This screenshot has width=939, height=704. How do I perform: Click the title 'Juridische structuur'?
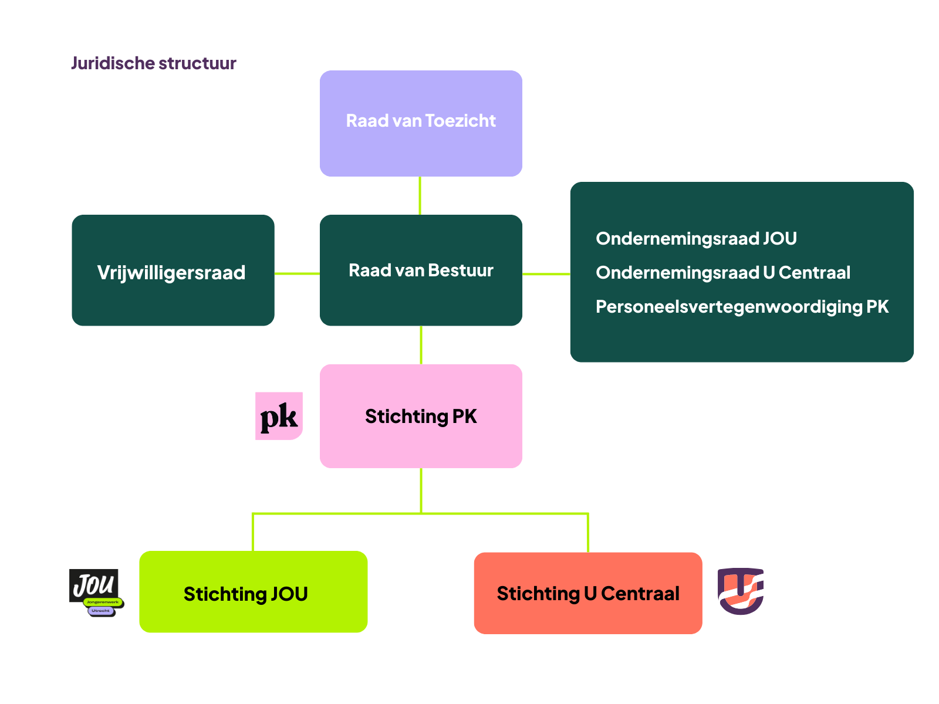point(153,63)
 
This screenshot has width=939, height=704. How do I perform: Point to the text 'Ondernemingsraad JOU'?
point(696,239)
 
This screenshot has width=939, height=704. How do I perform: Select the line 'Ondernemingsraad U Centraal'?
point(722,273)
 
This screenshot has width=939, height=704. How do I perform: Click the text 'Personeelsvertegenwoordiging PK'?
point(742,307)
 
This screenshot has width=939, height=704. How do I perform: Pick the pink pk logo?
point(279,416)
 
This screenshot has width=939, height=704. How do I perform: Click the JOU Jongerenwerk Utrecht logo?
point(96,592)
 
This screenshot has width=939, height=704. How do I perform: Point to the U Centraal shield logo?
point(741,591)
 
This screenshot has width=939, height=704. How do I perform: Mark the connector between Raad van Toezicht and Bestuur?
point(420,195)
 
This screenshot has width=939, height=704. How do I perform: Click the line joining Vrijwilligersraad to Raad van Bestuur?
point(297,273)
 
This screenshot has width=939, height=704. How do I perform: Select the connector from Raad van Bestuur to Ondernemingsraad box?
point(546,274)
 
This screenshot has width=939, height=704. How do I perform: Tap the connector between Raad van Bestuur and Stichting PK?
point(421,345)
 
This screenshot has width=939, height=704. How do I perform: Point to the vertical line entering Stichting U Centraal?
point(587,533)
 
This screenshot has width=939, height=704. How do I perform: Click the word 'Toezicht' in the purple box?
point(460,121)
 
